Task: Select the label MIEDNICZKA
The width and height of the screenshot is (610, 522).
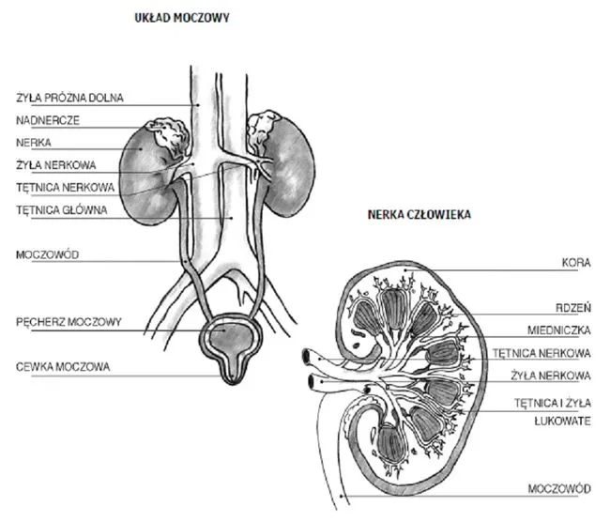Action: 559,330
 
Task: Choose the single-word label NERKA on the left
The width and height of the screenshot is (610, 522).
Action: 33,143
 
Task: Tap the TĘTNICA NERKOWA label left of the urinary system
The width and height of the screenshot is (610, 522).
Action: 61,187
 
